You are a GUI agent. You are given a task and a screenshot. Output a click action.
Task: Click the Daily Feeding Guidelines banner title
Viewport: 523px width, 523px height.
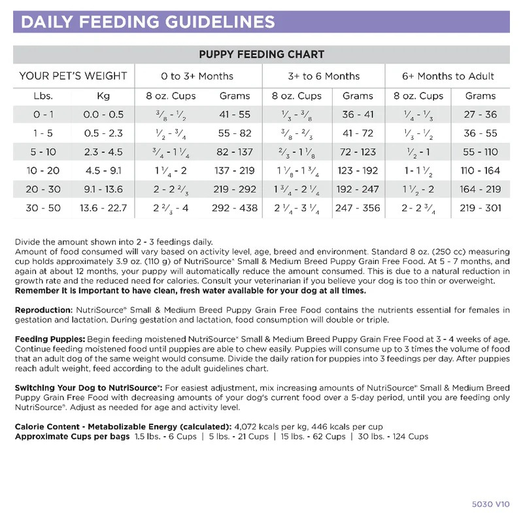(148, 22)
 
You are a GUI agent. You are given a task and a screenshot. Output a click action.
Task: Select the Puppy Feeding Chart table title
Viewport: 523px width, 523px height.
(261, 54)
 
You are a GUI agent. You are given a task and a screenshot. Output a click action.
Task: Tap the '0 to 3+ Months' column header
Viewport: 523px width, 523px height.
(197, 76)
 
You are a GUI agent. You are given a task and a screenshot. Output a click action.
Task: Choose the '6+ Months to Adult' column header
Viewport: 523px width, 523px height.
(448, 76)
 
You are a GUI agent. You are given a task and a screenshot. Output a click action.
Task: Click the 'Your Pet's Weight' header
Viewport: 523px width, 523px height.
(73, 76)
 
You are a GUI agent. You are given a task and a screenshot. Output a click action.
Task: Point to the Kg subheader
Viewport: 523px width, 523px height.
(103, 95)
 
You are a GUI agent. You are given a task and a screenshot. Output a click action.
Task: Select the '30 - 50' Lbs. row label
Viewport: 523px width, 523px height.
(43, 209)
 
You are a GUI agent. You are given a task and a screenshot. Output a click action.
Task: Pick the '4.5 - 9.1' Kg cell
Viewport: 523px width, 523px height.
(103, 171)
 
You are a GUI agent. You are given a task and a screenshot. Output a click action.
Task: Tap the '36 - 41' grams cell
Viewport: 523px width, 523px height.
(358, 114)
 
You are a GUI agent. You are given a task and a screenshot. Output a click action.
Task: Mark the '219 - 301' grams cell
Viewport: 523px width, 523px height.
(481, 209)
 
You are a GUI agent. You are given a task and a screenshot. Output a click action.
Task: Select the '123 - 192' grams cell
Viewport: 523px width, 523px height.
(358, 171)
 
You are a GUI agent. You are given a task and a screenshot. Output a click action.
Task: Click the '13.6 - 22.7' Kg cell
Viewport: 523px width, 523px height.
(103, 209)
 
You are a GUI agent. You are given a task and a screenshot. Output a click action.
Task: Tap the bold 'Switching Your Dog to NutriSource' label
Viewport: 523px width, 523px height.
(88, 388)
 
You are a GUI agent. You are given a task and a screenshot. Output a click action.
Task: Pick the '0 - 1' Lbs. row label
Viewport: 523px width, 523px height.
(43, 114)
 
